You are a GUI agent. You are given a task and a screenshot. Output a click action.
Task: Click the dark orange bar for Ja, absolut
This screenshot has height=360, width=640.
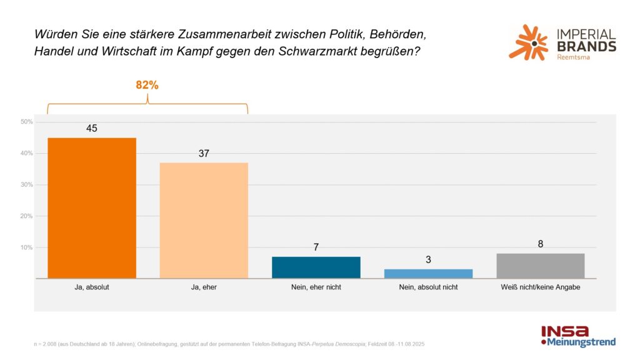[x=92, y=208]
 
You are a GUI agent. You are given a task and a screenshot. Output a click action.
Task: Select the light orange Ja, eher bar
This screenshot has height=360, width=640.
[x=204, y=221]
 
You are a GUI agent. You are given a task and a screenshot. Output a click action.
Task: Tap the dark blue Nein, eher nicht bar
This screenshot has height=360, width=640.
[x=316, y=267]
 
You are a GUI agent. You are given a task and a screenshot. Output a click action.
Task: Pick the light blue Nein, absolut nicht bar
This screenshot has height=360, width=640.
[x=428, y=274]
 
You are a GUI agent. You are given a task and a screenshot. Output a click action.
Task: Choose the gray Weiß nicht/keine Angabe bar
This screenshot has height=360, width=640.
[x=540, y=266]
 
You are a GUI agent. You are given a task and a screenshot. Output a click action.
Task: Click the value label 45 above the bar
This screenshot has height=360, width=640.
[x=92, y=128]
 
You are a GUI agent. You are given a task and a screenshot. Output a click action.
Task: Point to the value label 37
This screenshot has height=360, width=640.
[x=204, y=153]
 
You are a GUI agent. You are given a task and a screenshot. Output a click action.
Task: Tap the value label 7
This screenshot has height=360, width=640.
[x=316, y=247]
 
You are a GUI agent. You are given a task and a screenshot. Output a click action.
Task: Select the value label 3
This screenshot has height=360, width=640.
[x=428, y=259]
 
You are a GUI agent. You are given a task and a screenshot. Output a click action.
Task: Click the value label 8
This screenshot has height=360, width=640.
[x=541, y=244]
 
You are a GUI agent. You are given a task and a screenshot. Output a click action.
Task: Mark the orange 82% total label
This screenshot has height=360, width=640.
[x=147, y=85]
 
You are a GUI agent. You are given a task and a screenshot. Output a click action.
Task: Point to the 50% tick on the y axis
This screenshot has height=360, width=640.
[x=27, y=122]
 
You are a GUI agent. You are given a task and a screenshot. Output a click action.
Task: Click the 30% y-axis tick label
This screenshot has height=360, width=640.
[x=27, y=185]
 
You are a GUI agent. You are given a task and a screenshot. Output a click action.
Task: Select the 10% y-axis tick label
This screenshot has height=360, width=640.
[x=27, y=247]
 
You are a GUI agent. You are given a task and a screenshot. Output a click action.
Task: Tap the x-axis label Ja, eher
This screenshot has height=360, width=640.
[x=204, y=287]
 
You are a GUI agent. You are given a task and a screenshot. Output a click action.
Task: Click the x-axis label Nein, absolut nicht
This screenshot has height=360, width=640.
[x=428, y=287]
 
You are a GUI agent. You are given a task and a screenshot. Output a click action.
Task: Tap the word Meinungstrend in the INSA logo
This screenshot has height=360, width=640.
[x=581, y=342]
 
